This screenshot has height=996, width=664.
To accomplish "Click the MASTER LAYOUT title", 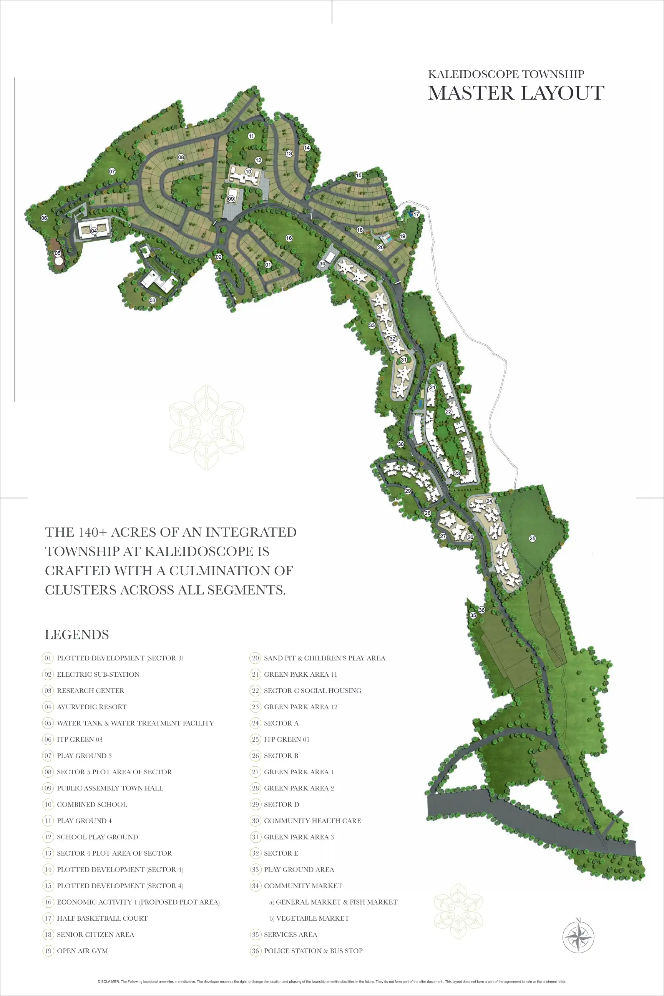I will pyautogui.click(x=516, y=93).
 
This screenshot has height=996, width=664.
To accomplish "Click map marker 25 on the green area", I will pyautogui.click(x=532, y=538).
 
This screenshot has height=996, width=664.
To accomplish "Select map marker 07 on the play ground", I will pyautogui.click(x=112, y=171).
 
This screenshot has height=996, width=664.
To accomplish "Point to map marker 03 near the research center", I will pyautogui.click(x=153, y=300).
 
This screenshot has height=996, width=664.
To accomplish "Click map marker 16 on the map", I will pyautogui.click(x=289, y=238).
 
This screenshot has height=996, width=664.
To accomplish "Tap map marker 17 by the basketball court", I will pyautogui.click(x=416, y=214).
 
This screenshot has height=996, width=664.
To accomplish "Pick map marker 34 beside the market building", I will pyautogui.click(x=322, y=263).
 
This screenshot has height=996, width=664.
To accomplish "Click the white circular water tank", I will pyautogui.click(x=58, y=261).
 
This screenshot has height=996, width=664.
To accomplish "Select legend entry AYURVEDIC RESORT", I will pyautogui.click(x=91, y=707).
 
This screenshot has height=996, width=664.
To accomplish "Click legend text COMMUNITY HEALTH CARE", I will pyautogui.click(x=312, y=821).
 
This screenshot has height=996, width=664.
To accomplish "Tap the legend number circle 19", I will pyautogui.click(x=48, y=951).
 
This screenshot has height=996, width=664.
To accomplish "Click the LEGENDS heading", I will pyautogui.click(x=76, y=634).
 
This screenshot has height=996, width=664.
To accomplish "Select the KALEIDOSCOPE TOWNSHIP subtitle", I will pyautogui.click(x=506, y=74).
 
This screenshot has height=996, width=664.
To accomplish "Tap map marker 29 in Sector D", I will pyautogui.click(x=408, y=491).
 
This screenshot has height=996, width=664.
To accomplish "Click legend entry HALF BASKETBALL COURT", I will pyautogui.click(x=102, y=918).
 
